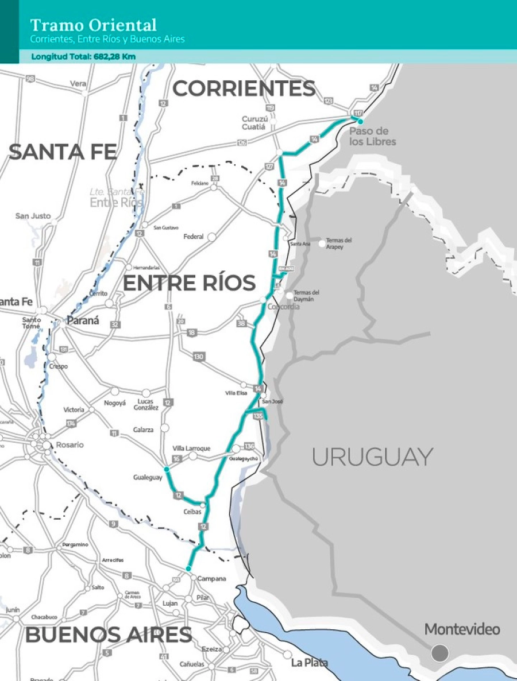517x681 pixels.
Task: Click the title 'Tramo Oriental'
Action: click(x=93, y=25)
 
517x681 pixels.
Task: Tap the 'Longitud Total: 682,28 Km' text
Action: click(x=83, y=57)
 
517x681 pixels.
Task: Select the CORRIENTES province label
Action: click(x=244, y=88)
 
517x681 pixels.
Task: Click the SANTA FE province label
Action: click(x=63, y=152)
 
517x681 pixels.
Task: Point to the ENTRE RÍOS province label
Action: click(x=189, y=283)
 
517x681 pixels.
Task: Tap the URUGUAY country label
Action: click(x=372, y=457)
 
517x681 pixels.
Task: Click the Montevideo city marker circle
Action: click(x=440, y=652)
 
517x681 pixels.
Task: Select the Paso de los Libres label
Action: click(x=372, y=136)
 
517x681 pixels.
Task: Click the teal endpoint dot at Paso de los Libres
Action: click(x=360, y=121)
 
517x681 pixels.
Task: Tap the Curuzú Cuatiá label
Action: click(x=253, y=123)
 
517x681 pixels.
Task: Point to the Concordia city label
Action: click(x=283, y=307)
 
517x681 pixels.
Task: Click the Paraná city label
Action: click(x=83, y=321)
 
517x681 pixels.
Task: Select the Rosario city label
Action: click(x=70, y=445)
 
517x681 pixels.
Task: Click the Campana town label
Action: click(x=211, y=579)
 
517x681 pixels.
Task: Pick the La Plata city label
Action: click(x=309, y=663)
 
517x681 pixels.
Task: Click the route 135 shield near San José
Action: click(x=258, y=416)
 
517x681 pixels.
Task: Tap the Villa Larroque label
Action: click(x=191, y=448)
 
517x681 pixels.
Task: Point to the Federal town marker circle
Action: click(x=211, y=237)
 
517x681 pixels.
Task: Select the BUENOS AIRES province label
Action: click(x=109, y=635)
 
